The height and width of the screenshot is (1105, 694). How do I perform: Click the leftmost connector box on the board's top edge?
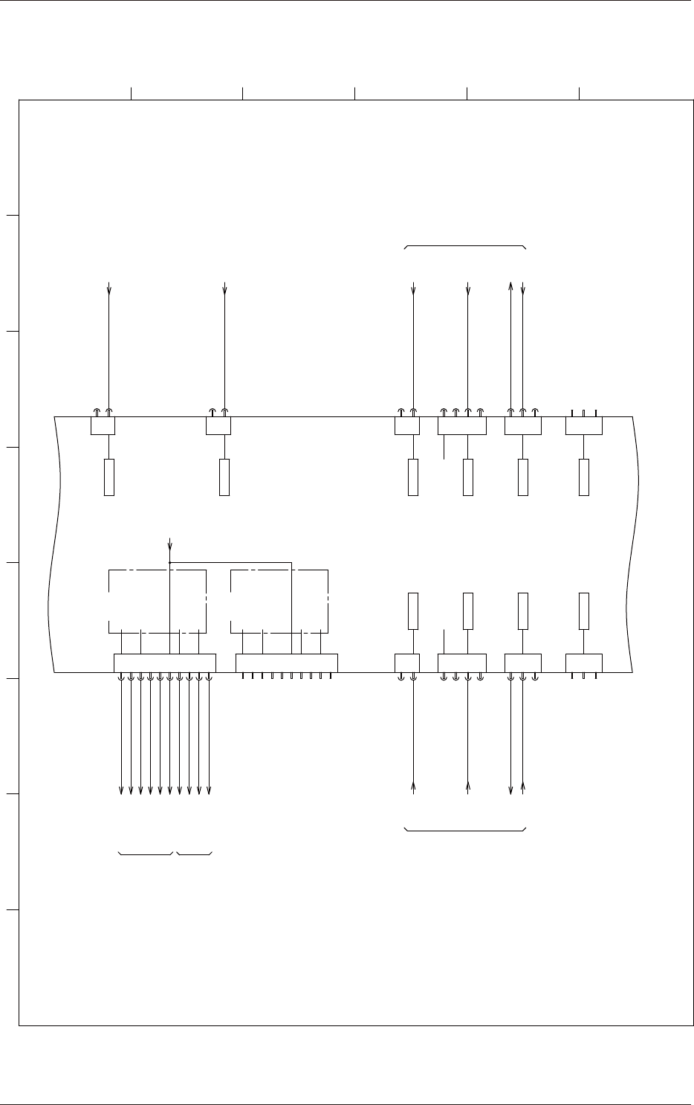click(x=103, y=426)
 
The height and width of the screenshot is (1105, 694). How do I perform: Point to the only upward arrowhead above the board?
click(x=510, y=285)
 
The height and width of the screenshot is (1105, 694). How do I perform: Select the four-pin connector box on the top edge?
click(x=461, y=426)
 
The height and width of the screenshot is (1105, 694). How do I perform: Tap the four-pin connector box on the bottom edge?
click(x=461, y=663)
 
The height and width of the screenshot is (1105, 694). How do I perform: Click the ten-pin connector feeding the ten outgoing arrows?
click(x=164, y=663)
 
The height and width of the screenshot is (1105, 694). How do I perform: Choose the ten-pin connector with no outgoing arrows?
click(x=286, y=663)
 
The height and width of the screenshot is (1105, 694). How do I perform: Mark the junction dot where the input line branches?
click(x=170, y=562)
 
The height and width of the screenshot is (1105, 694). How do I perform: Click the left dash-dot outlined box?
click(x=158, y=601)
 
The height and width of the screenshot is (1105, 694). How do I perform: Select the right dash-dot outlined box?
click(x=279, y=601)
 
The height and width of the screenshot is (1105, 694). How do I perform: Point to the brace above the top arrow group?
click(x=465, y=246)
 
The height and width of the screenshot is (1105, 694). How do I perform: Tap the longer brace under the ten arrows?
click(x=146, y=852)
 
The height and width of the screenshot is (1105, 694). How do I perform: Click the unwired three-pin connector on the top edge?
click(x=583, y=426)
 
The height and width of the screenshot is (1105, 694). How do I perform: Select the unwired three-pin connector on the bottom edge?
click(x=583, y=663)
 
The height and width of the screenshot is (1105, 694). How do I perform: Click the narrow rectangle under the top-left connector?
click(x=109, y=477)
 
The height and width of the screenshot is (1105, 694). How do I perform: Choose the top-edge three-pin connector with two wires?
click(x=522, y=426)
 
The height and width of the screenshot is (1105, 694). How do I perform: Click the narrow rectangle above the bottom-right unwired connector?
click(x=584, y=611)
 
